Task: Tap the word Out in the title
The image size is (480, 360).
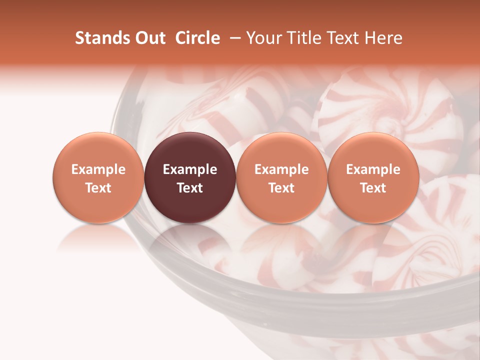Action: [x=149, y=38]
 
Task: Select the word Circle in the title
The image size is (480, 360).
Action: [x=197, y=38]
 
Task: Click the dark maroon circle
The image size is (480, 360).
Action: [x=190, y=177]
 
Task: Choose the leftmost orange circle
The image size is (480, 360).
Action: [x=98, y=177]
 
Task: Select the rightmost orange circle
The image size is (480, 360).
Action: [x=373, y=177]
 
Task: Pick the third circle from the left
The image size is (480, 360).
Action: [x=281, y=177]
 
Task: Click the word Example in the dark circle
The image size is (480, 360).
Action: [x=190, y=169]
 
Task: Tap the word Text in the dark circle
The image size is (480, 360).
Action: [x=190, y=188]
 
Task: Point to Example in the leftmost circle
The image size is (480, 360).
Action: [x=98, y=169]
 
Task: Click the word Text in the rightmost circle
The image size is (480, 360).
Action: [x=373, y=188]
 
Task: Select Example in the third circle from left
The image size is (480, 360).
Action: [x=281, y=169]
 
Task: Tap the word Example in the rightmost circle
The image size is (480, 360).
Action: [x=373, y=169]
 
